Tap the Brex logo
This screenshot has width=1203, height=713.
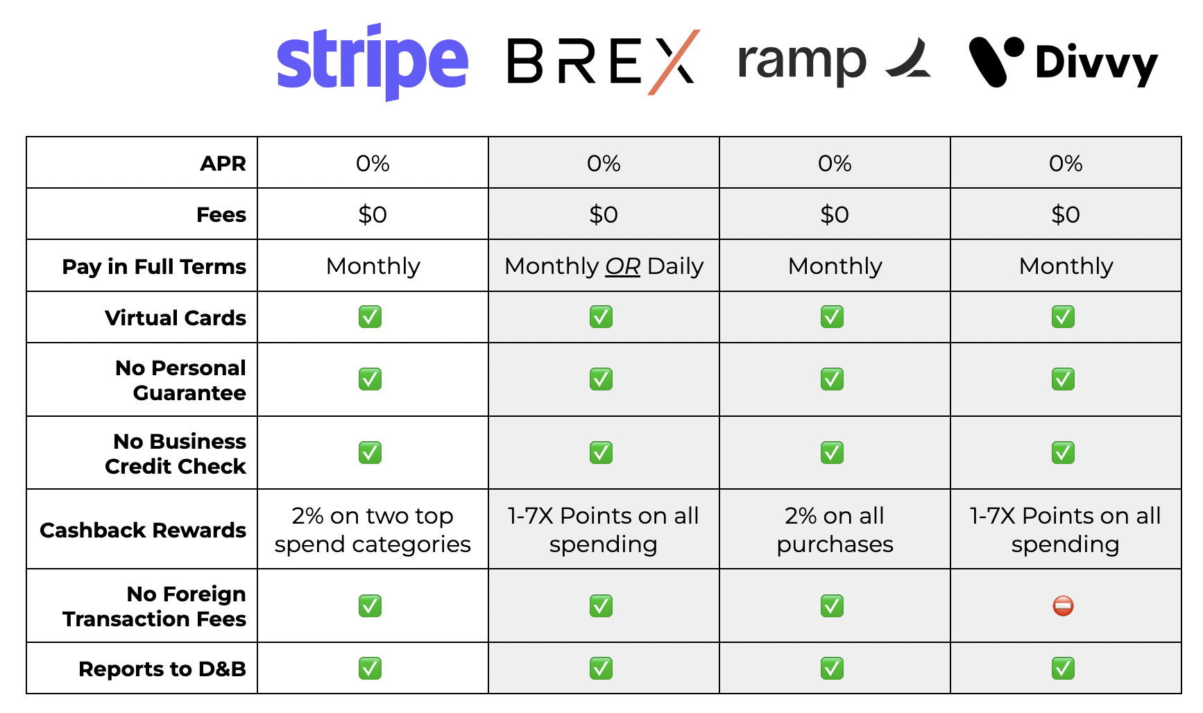[602, 61]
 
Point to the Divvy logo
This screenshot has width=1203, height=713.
[1063, 62]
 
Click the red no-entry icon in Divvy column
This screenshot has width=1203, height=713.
[1063, 606]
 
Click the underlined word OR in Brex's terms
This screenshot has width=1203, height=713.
[622, 266]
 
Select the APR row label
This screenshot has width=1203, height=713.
[223, 164]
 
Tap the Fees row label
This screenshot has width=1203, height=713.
[221, 215]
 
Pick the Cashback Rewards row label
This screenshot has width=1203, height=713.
[143, 530]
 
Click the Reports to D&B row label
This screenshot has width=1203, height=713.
[162, 669]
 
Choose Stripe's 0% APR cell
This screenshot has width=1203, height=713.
[373, 164]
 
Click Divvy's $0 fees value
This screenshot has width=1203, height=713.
[1066, 215]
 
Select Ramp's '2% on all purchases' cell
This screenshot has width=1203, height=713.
[835, 530]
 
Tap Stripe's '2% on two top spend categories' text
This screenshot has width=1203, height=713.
[373, 530]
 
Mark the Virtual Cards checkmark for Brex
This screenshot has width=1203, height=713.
[601, 317]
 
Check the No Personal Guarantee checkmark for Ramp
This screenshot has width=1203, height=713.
[832, 379]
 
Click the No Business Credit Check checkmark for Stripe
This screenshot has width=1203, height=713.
[370, 453]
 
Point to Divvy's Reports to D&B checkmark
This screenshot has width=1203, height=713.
[1063, 669]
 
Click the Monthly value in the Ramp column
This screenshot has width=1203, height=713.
[835, 266]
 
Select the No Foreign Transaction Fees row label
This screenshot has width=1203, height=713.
[154, 606]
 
